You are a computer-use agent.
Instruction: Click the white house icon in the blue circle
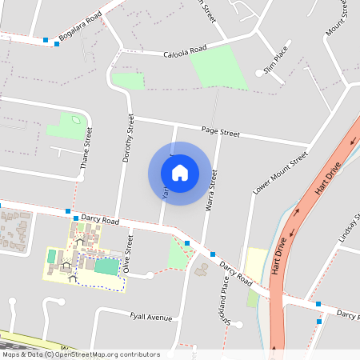tap(180, 173)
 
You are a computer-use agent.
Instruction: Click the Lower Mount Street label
tap(280, 174)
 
